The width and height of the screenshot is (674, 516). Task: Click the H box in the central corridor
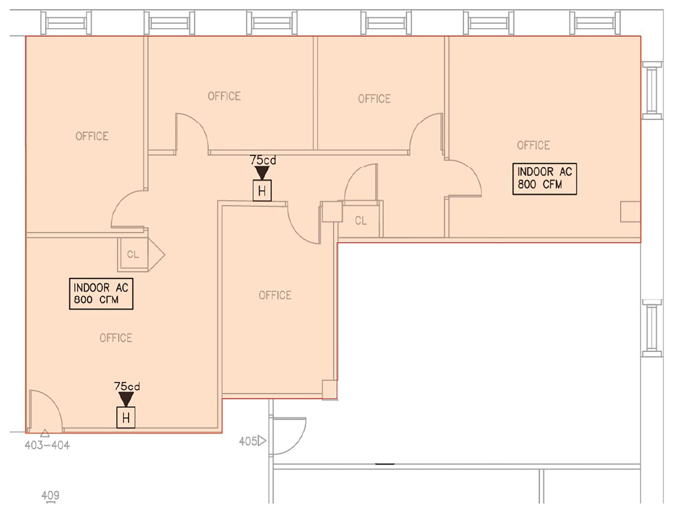[262, 191]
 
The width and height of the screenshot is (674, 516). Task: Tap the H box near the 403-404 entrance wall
[126, 418]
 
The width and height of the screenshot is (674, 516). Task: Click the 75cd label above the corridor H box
[263, 160]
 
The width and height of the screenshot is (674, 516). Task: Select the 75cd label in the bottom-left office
[127, 386]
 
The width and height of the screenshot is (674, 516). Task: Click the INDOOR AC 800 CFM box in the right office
[544, 179]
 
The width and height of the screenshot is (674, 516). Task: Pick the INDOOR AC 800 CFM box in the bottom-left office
[101, 294]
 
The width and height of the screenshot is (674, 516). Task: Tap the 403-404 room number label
[47, 445]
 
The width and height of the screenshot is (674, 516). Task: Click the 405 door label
[248, 441]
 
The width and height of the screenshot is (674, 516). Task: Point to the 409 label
[50, 495]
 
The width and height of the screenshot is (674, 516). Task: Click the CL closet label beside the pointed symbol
[133, 254]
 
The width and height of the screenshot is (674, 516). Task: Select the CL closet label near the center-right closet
[361, 220]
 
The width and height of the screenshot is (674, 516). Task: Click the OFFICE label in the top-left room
[92, 136]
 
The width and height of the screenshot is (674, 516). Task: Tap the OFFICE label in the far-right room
[533, 145]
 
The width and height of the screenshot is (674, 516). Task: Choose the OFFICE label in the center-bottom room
[275, 295]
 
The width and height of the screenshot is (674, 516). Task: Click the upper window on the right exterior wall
[652, 90]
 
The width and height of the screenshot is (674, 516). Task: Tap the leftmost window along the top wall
[66, 23]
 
